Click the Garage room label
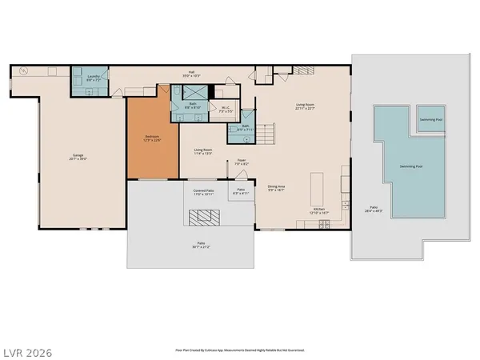point(77,158)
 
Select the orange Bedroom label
point(152,138)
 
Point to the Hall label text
point(192,74)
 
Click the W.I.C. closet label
point(226,110)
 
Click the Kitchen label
point(319,211)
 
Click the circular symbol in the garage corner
point(22,71)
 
